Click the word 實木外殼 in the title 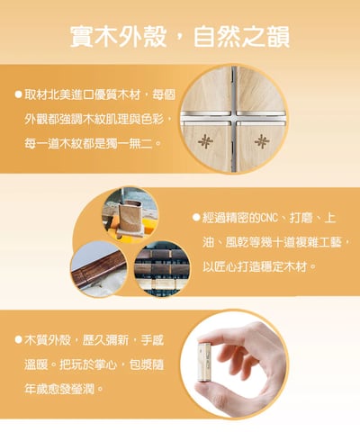118,37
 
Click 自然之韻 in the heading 242,37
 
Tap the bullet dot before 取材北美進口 19,94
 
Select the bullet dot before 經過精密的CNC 196,217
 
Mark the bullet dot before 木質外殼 19,340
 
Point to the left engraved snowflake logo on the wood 205,140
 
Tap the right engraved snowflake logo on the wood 262,141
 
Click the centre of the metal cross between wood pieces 234,118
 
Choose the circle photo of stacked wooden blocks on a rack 162,269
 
